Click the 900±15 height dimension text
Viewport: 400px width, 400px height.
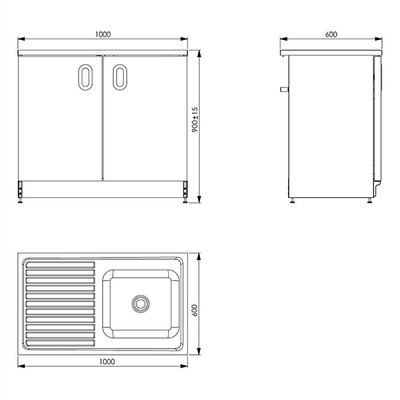click(x=195, y=119)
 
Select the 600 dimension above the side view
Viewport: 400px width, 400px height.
click(x=331, y=34)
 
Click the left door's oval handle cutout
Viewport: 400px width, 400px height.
click(x=85, y=77)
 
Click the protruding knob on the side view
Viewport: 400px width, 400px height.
click(x=284, y=89)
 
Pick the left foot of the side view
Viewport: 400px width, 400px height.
click(x=292, y=200)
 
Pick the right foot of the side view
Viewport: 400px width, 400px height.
click(x=370, y=200)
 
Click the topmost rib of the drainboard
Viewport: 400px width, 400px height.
click(x=60, y=263)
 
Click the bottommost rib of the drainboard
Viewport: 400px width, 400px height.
click(x=60, y=344)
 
